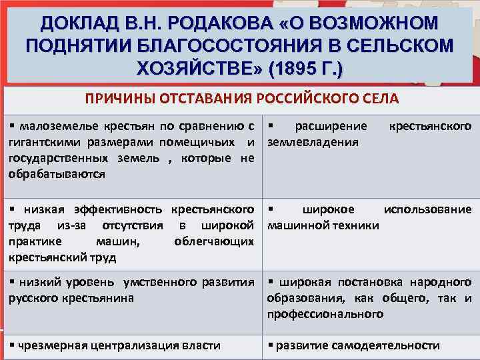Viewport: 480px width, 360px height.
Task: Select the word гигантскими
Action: point(44,142)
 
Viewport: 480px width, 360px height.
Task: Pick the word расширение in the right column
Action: point(331,126)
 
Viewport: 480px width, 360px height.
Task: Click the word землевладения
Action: point(313,142)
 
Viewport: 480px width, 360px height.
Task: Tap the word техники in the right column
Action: point(353,225)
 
